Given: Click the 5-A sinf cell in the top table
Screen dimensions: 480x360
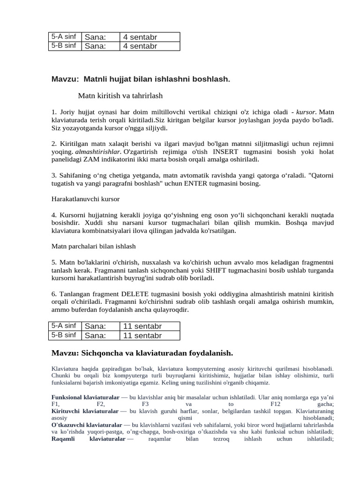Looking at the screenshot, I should tap(65, 37).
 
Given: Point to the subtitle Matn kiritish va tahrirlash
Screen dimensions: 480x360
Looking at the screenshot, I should tap(120, 96).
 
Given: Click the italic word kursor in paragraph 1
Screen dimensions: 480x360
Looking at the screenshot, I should tap(306, 112).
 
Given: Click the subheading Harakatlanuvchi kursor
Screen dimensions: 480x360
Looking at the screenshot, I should tap(85, 199).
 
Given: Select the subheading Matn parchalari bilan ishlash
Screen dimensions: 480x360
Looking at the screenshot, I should tap(93, 246).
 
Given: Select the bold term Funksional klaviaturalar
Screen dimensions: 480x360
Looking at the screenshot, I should tap(85, 397).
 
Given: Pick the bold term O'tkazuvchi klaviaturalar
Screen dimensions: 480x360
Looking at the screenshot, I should tap(86, 425).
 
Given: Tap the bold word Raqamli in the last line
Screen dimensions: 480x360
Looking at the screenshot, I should tap(62, 439).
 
